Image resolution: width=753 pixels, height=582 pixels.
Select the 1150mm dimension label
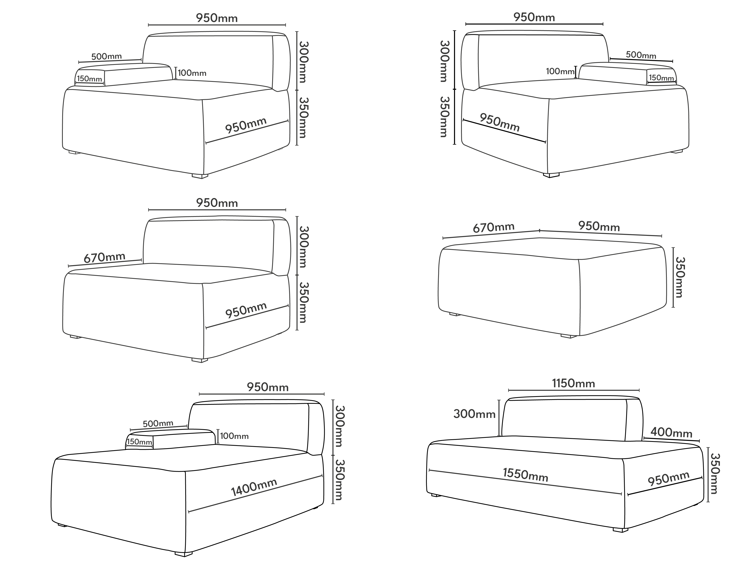573,383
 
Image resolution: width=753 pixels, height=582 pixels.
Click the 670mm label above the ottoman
494,227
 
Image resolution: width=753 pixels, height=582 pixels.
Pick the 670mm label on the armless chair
104,257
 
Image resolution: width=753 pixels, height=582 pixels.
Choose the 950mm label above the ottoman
599,226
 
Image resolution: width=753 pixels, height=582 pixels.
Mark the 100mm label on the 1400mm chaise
234,436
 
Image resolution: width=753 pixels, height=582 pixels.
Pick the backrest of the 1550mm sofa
572,419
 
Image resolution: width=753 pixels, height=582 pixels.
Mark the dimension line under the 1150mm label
574,390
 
